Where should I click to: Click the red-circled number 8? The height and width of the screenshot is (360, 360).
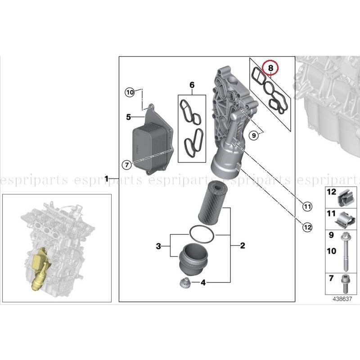pyautogui.click(x=271, y=68)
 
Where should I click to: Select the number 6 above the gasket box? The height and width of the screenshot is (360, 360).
pyautogui.click(x=192, y=85)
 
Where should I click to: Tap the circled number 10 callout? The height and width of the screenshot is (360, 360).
pyautogui.click(x=130, y=92)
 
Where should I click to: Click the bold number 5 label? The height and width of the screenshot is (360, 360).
pyautogui.click(x=128, y=117)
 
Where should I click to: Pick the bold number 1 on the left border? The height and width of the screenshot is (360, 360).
pyautogui.click(x=107, y=179)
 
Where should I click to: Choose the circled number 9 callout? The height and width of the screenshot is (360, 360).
pyautogui.click(x=254, y=134)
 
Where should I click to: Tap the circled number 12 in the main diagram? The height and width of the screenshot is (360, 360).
pyautogui.click(x=307, y=227)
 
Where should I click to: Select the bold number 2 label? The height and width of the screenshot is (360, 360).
pyautogui.click(x=243, y=246)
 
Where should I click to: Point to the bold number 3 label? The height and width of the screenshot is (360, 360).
pyautogui.click(x=158, y=246)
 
